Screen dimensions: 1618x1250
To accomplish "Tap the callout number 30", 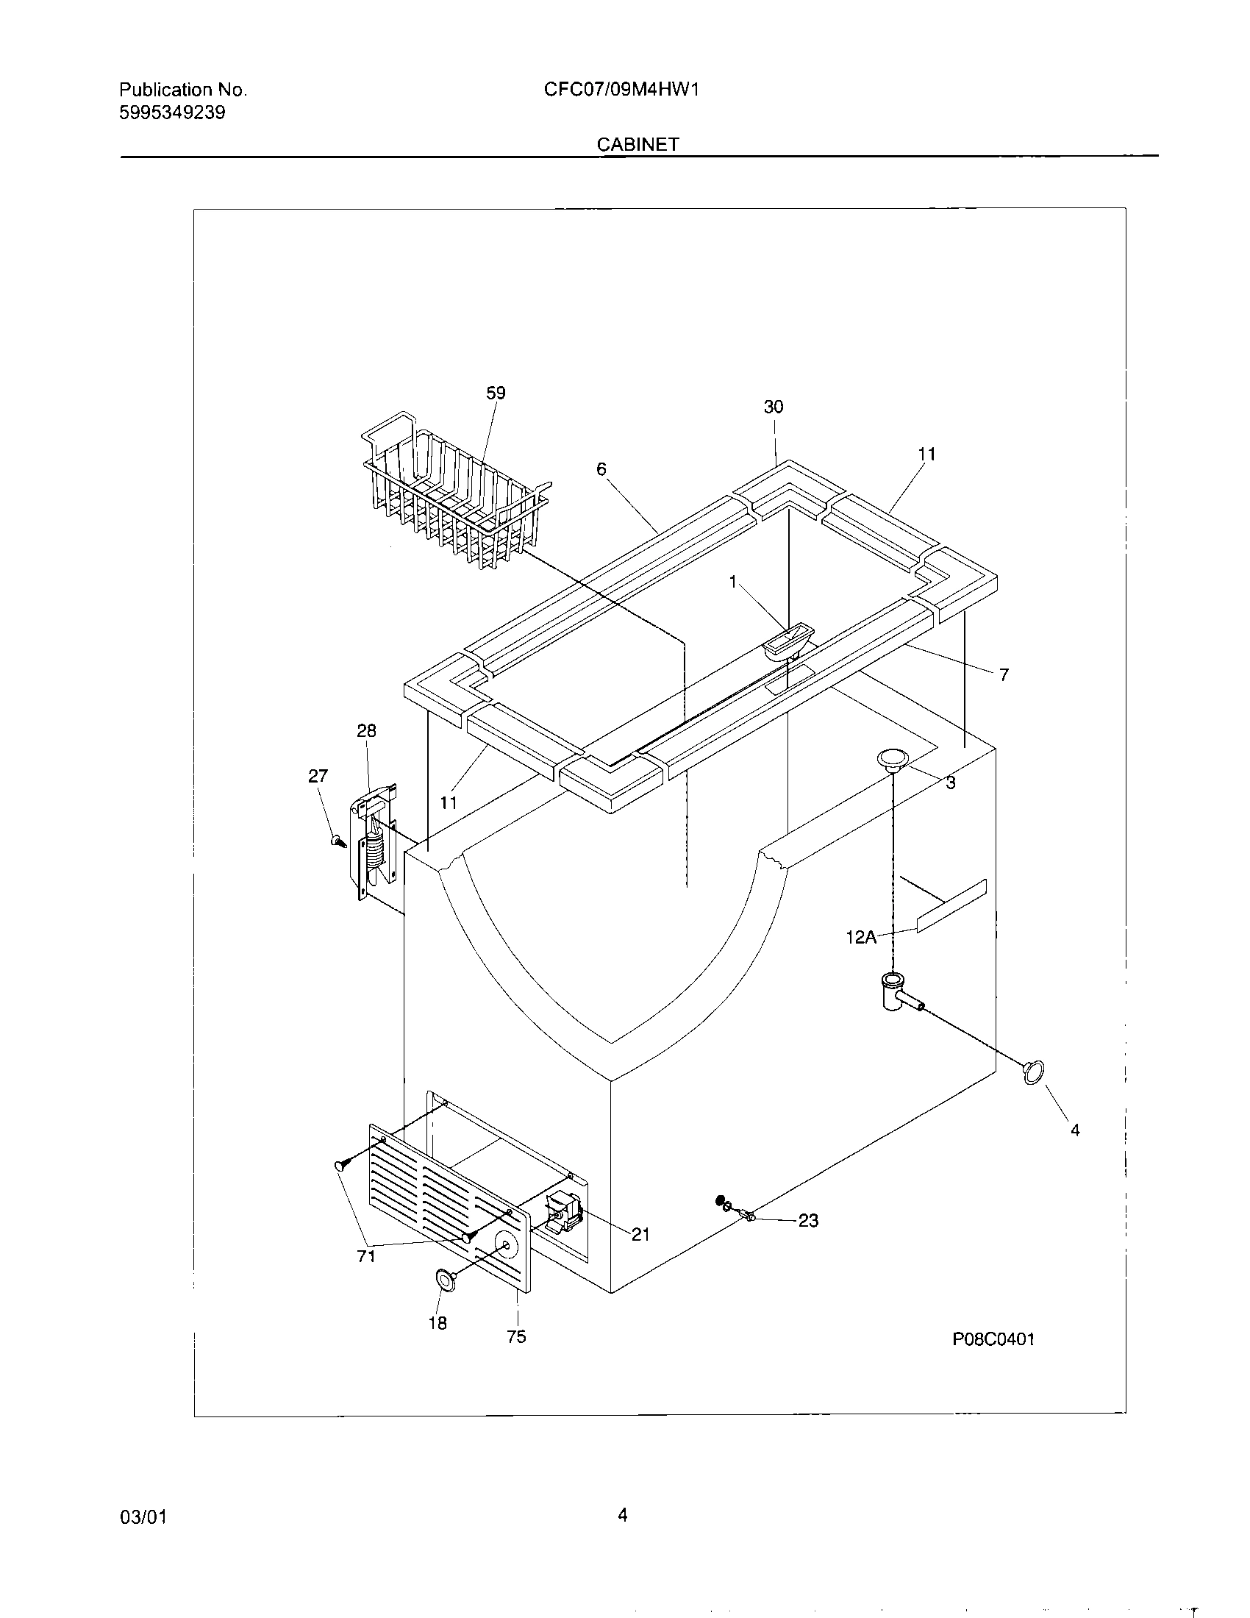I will click(x=773, y=407).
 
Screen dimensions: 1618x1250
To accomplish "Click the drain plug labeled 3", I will click(x=893, y=760).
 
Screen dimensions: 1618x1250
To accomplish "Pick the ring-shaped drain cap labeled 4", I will click(x=1034, y=1072).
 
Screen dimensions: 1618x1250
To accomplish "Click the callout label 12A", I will click(x=860, y=937).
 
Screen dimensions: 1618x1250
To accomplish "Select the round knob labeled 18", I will click(x=445, y=1278).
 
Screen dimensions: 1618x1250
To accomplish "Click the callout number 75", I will click(x=516, y=1336).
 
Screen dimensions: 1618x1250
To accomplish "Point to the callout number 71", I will click(x=366, y=1255).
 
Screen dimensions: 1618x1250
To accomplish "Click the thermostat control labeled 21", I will click(x=564, y=1213).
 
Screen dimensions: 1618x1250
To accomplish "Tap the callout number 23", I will click(x=808, y=1220).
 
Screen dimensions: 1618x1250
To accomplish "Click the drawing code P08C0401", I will click(x=993, y=1339).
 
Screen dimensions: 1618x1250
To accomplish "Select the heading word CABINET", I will click(x=637, y=145).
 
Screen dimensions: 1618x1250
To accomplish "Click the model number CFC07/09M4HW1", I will click(x=621, y=90).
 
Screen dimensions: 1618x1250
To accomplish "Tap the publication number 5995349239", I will click(x=172, y=113).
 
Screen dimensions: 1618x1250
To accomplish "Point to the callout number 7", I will click(x=1004, y=675).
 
